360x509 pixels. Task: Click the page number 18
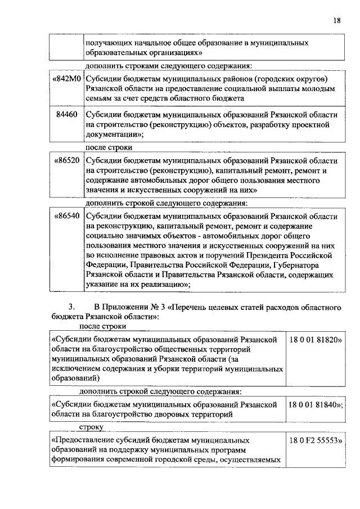coord(336,20)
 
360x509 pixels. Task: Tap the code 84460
coord(67,114)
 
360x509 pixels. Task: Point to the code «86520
coord(66,160)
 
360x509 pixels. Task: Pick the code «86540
coord(66,215)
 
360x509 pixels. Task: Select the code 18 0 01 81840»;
coord(317,404)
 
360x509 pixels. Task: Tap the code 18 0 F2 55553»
coord(316,441)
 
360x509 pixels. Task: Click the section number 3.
coord(71,308)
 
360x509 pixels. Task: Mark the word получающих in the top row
coord(108,43)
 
